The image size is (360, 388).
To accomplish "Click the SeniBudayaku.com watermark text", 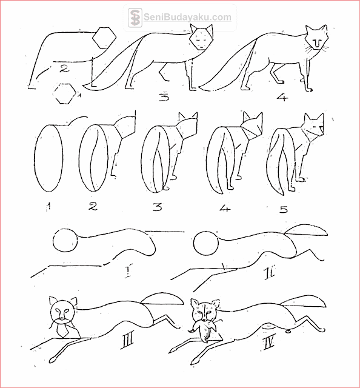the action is point(187,18).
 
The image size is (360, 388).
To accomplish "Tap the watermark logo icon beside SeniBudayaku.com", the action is point(135,18).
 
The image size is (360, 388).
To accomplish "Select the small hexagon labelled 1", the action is point(64,93).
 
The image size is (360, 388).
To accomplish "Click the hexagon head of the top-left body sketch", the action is point(104,38).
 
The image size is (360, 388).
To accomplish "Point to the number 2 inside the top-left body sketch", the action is point(64,69).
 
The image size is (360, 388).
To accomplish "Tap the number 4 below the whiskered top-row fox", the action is point(282,98).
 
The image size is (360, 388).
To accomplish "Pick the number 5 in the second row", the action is point(284,209).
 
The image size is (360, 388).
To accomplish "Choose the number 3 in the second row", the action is point(158,206).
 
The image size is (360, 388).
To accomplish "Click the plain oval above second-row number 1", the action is point(48,158).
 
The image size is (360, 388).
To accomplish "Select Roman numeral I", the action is point(128,271).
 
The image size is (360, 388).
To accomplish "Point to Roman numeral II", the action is point(270,274).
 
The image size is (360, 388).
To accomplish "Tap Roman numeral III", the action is point(127,340).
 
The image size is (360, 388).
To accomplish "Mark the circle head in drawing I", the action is point(65,240).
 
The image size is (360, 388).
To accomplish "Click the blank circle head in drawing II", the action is point(206,244).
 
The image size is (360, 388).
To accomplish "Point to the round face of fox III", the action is point(62,311).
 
